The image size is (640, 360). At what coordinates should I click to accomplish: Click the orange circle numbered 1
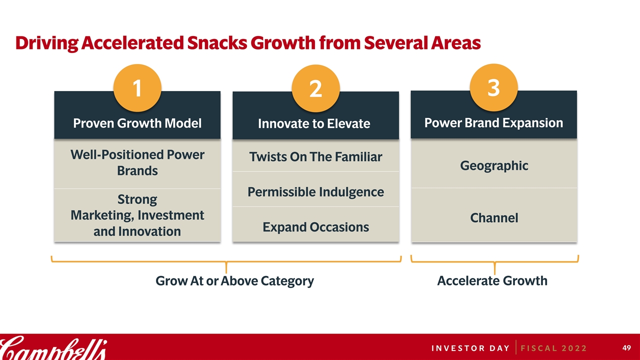click(x=137, y=88)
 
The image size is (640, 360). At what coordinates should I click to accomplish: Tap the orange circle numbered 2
click(x=315, y=88)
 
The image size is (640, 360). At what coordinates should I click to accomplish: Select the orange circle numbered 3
click(x=493, y=87)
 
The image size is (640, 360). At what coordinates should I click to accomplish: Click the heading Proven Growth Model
click(x=137, y=123)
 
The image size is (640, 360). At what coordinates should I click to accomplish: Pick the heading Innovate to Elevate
click(x=314, y=123)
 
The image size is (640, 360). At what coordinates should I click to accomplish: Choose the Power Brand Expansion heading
click(x=493, y=123)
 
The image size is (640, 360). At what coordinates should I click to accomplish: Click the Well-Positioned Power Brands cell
click(x=137, y=164)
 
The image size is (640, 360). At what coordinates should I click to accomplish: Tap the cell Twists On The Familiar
click(x=315, y=156)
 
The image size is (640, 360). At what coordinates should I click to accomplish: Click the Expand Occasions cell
click(x=315, y=224)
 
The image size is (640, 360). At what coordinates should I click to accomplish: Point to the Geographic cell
click(x=494, y=163)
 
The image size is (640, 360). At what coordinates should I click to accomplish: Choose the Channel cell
click(x=494, y=215)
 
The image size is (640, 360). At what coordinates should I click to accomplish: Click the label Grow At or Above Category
click(x=234, y=281)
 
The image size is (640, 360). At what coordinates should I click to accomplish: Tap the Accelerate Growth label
click(x=492, y=281)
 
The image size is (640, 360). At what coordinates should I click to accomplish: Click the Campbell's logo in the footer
click(x=53, y=347)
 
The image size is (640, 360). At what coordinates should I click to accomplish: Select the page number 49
click(x=626, y=347)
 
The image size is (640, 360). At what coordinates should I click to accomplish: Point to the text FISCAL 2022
click(x=553, y=348)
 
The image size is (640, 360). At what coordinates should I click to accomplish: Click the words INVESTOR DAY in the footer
click(x=470, y=348)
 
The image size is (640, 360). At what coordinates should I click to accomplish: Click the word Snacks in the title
click(x=217, y=43)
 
